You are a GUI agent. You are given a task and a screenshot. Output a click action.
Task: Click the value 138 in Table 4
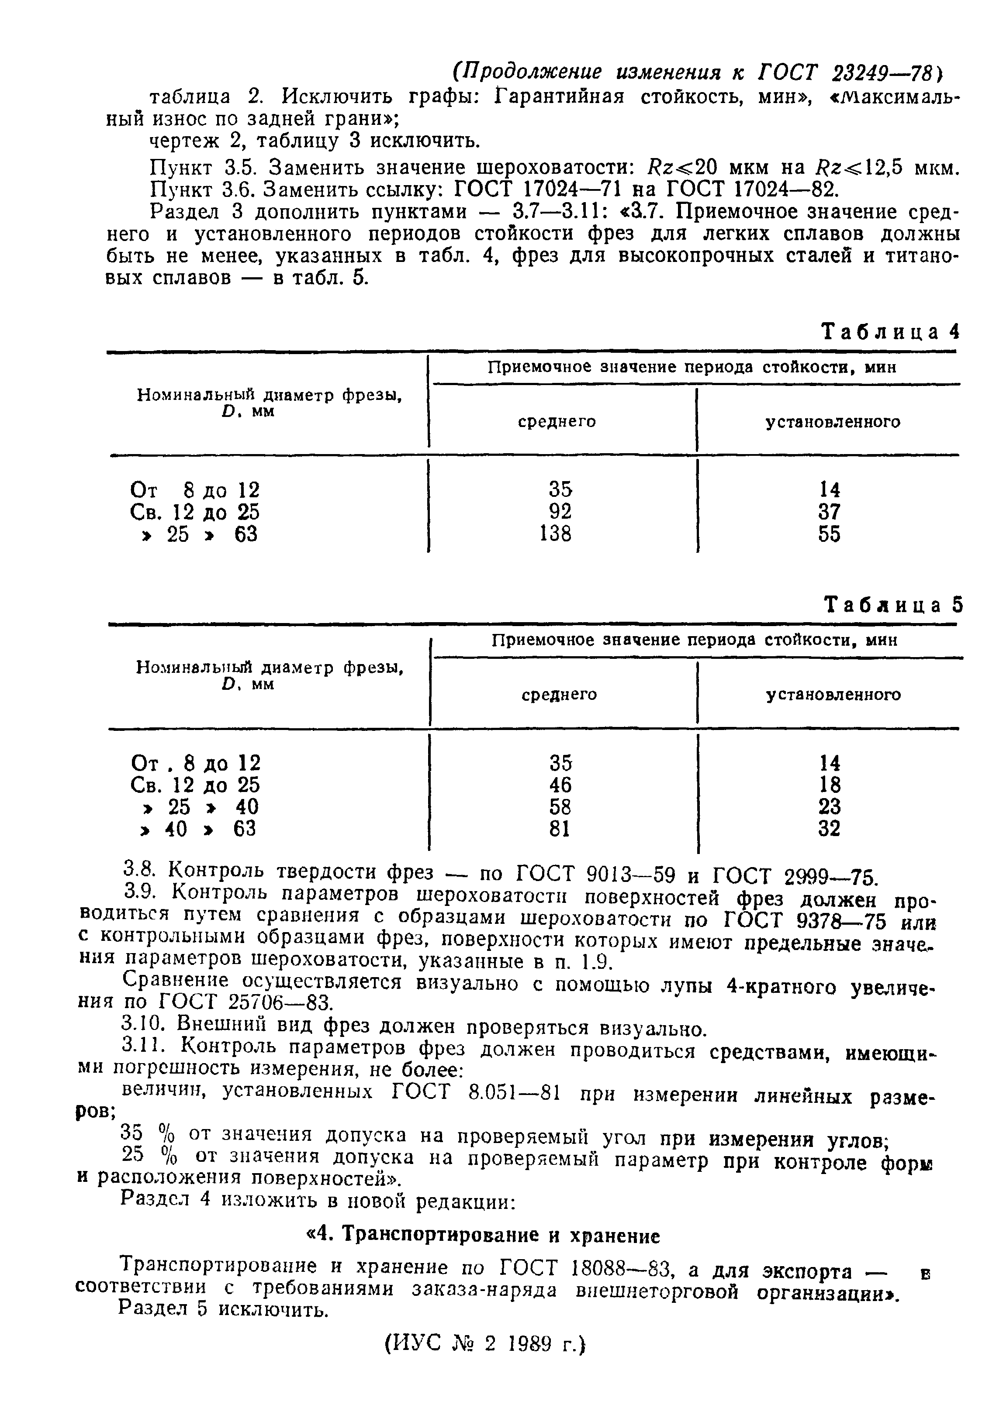(555, 534)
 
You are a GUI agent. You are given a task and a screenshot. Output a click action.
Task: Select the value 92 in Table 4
(560, 512)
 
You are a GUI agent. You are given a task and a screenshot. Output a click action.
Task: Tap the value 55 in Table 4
(829, 534)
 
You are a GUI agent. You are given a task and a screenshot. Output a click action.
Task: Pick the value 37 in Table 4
(829, 512)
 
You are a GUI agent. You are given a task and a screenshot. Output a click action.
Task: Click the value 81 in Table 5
(560, 829)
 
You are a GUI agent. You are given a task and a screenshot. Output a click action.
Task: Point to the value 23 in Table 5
(829, 807)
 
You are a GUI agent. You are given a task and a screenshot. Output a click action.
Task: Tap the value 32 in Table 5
(829, 829)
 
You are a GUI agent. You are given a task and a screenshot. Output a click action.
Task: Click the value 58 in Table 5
(560, 807)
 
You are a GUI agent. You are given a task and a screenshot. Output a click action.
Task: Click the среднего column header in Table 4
(557, 422)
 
